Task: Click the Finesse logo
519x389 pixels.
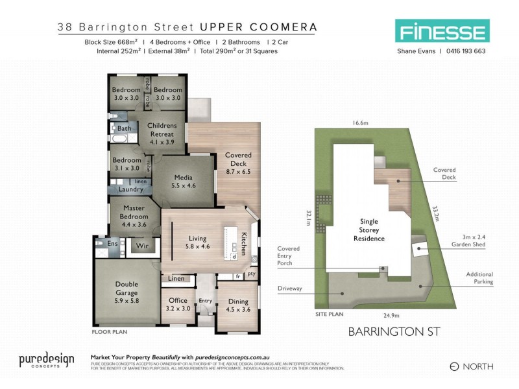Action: [x=442, y=30]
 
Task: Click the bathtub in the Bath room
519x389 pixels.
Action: [x=121, y=139]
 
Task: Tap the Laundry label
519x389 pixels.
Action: [x=131, y=189]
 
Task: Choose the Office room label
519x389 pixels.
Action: [x=178, y=304]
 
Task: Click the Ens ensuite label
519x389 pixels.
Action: [x=112, y=244]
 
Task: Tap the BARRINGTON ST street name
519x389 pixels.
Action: [x=394, y=331]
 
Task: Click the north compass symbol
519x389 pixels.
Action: [x=454, y=366]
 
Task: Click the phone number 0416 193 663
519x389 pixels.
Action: [x=463, y=51]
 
